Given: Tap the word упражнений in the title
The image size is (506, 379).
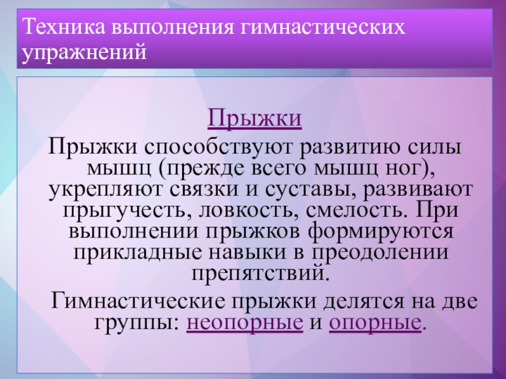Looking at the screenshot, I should point(85,52).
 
